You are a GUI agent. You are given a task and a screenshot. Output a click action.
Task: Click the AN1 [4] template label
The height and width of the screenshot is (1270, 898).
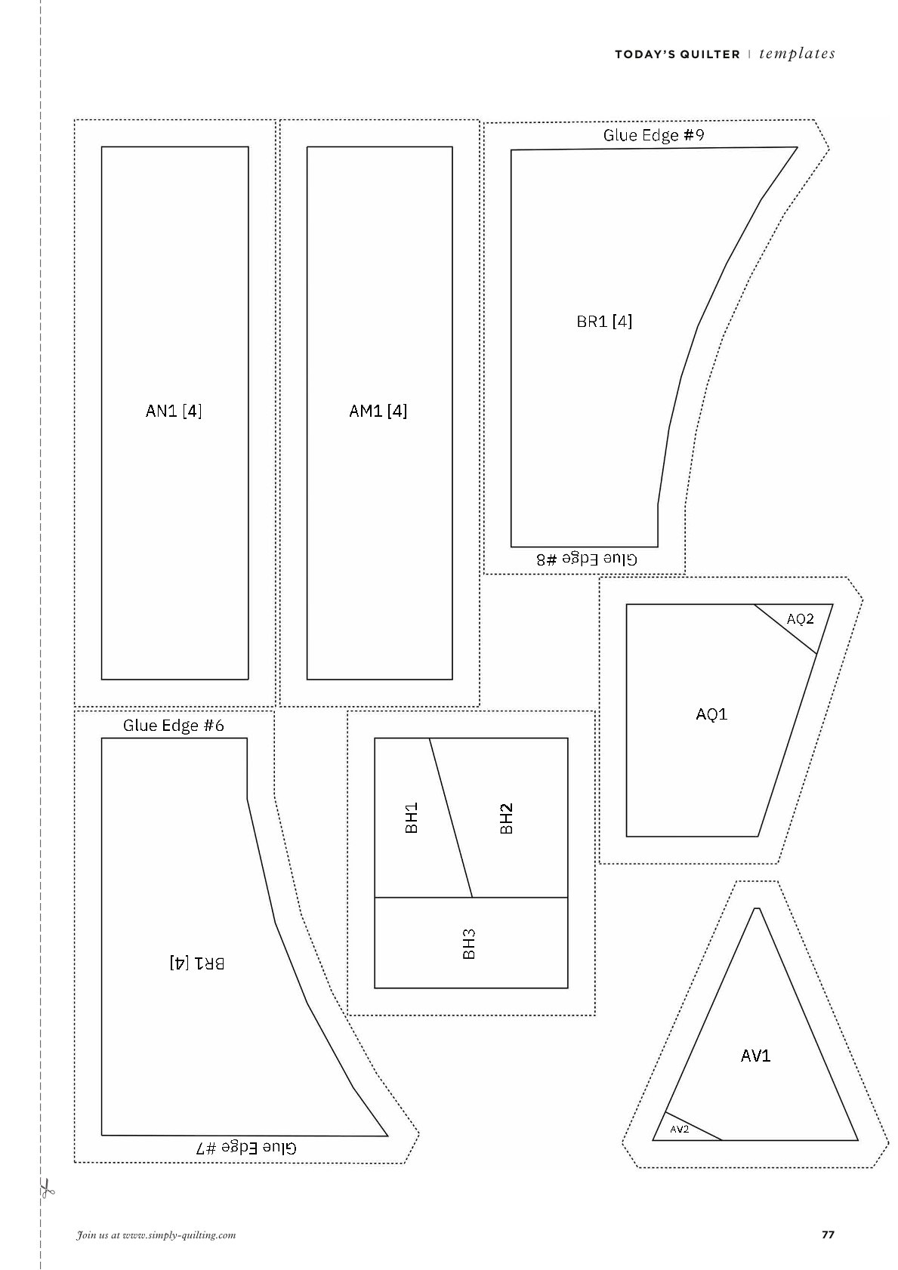pos(174,411)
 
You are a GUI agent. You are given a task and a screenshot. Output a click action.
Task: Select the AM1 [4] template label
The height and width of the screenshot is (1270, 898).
pos(378,411)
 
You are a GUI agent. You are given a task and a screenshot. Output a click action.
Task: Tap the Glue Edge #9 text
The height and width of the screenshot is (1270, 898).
pos(653,135)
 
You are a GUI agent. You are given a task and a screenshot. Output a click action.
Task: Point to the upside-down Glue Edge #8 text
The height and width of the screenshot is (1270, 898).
pos(587,559)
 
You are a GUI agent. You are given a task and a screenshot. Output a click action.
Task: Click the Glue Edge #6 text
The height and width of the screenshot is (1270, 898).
pos(174,726)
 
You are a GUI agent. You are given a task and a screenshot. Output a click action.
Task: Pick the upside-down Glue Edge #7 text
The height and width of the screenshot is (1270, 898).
pos(246,1148)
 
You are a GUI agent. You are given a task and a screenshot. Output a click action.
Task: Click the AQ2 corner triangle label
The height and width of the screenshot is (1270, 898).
pos(800,619)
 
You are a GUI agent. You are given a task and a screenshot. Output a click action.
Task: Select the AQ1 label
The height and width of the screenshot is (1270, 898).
pos(711,714)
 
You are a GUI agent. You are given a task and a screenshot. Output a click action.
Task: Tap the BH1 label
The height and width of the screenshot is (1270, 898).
pos(412,818)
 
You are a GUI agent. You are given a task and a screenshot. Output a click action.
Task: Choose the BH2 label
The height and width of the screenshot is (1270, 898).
pos(506,818)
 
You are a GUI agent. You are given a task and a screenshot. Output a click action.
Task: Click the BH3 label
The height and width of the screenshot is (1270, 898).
pos(468,944)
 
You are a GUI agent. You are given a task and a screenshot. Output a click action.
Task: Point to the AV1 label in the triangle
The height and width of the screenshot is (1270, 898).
pos(755,1056)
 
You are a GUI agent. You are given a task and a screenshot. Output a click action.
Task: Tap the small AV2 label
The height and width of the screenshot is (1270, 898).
pos(679,1129)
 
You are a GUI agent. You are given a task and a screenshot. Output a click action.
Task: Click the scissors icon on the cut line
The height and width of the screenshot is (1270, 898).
pos(47,1188)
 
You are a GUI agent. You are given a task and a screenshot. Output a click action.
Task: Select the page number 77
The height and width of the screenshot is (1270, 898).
pos(829,1235)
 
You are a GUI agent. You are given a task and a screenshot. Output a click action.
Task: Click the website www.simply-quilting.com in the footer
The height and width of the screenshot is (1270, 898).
pos(179,1235)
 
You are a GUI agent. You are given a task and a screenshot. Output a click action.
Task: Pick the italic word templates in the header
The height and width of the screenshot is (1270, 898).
pos(797,54)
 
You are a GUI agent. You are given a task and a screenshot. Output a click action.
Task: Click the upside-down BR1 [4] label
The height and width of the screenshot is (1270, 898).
pos(197,963)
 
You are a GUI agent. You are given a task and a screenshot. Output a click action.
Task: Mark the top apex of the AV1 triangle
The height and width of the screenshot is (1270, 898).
pos(756,908)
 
